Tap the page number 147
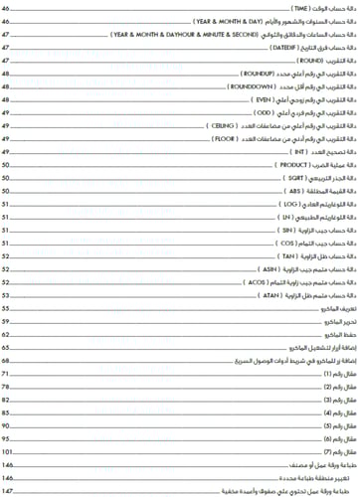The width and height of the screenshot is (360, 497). coord(7,491)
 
